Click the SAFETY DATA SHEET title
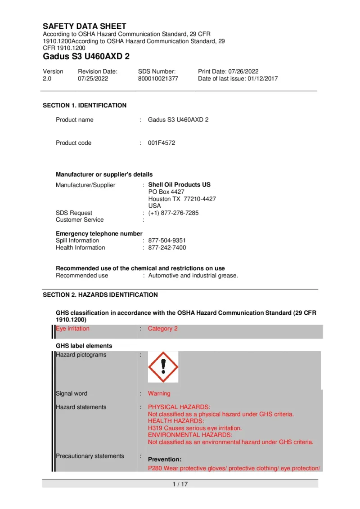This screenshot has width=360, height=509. click(85, 26)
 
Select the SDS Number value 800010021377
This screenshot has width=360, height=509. click(158, 78)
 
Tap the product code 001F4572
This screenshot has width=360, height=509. click(162, 143)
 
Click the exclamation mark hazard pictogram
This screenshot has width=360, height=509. click(163, 367)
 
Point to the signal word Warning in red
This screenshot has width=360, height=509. click(159, 393)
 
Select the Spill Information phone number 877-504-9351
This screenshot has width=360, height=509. click(167, 241)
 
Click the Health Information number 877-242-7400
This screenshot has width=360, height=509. click(167, 248)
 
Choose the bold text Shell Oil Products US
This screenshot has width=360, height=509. click(179, 185)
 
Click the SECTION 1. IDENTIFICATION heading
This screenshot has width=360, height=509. click(85, 106)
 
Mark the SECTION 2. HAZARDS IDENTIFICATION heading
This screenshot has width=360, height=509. click(100, 295)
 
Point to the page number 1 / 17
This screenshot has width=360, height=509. click(180, 484)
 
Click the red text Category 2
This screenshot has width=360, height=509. click(163, 329)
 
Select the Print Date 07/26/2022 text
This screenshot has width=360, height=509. click(228, 71)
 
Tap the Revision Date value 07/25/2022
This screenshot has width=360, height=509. click(93, 78)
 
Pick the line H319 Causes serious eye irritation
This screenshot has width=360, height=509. click(195, 428)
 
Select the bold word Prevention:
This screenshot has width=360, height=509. click(165, 460)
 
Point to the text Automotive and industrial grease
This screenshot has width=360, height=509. click(193, 276)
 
